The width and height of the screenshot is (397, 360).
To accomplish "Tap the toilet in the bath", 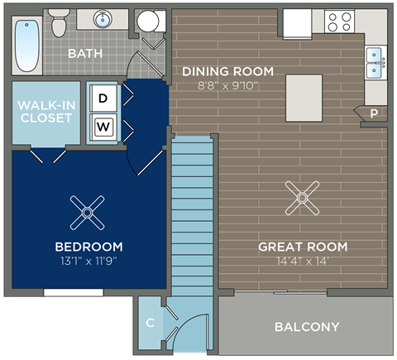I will coord(59,25).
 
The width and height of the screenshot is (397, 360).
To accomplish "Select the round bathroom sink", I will coord(104,20).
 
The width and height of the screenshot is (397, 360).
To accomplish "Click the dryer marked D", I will coord(103,98).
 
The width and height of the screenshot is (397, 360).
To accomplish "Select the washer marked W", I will coord(103,127).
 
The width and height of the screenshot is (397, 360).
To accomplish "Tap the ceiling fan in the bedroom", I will coord(86,212).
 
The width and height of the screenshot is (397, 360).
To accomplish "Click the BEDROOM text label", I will coord(88,247).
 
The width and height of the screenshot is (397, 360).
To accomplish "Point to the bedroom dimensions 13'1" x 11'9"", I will coord(88,262).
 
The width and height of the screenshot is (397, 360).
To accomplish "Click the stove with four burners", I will coord(339,21).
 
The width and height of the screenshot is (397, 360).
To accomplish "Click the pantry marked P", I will coord(373,113).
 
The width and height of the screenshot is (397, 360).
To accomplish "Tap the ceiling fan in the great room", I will coord(302,197).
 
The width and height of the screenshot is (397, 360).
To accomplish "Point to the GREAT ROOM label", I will coord(303,247).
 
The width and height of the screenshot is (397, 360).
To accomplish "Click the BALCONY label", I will coord(306,327).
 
